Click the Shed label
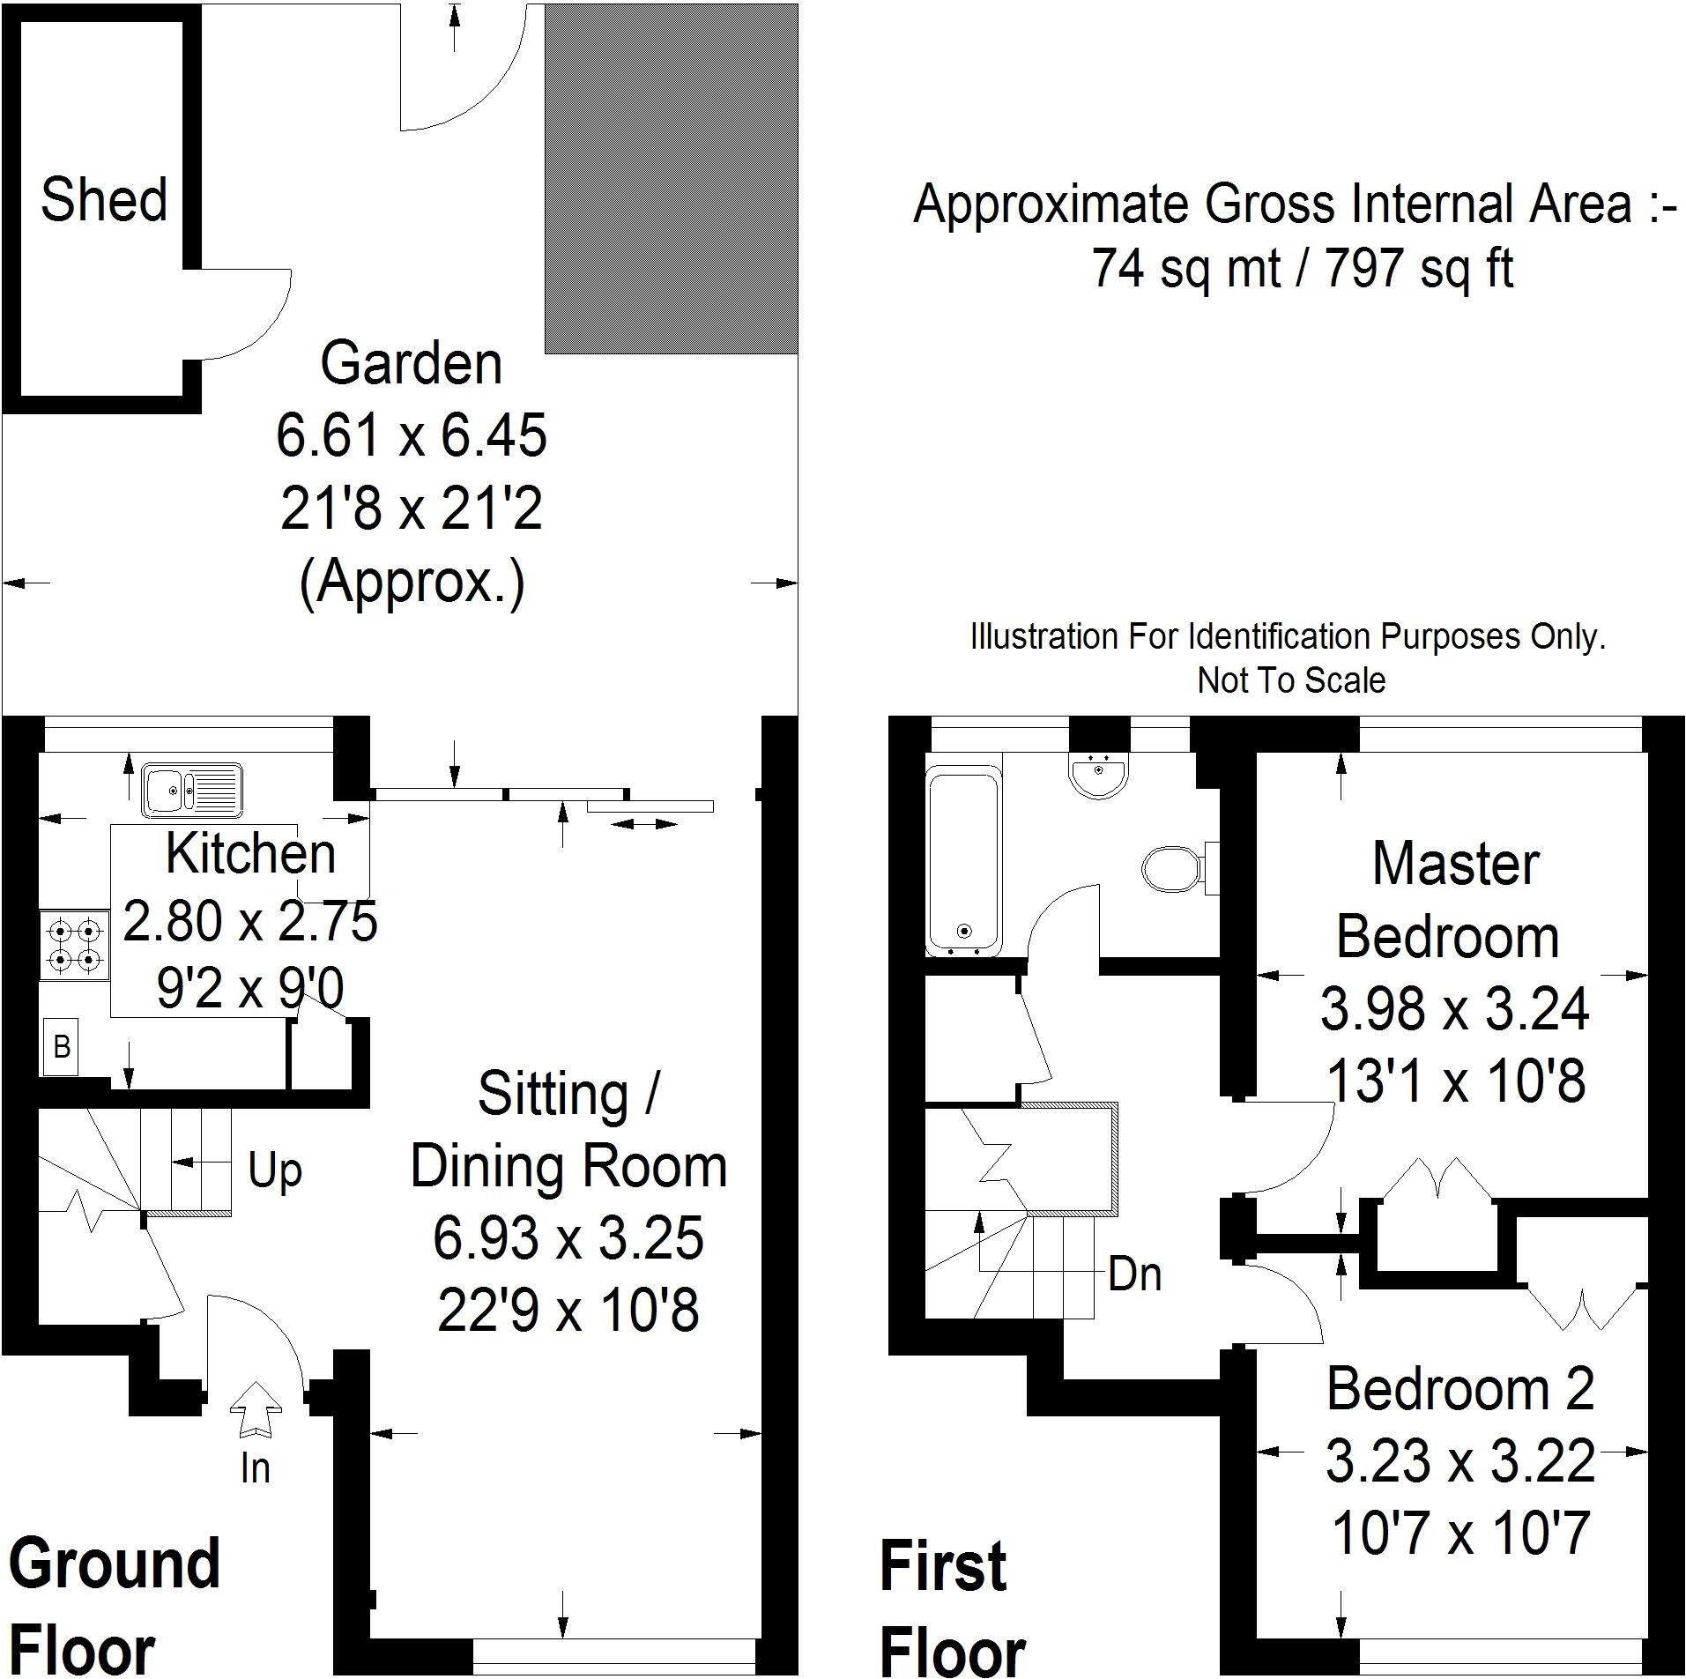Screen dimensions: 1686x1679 click(x=104, y=199)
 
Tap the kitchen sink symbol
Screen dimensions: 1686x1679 click(x=192, y=788)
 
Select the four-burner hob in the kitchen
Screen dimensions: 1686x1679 click(x=75, y=944)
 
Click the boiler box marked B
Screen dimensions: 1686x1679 click(x=61, y=1046)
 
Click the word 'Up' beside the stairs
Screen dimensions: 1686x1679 click(x=275, y=1171)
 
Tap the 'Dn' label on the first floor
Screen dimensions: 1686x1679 click(x=1134, y=1274)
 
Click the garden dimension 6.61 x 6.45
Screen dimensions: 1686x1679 click(x=412, y=435)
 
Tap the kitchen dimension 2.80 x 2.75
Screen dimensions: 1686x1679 click(x=250, y=921)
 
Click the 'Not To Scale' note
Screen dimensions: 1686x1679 click(x=1291, y=680)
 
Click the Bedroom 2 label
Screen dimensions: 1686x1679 click(x=1460, y=1390)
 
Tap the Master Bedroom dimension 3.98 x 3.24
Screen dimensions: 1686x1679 click(x=1455, y=1009)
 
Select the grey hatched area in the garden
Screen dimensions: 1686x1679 click(x=672, y=177)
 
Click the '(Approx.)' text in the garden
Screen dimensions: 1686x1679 click(x=412, y=583)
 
